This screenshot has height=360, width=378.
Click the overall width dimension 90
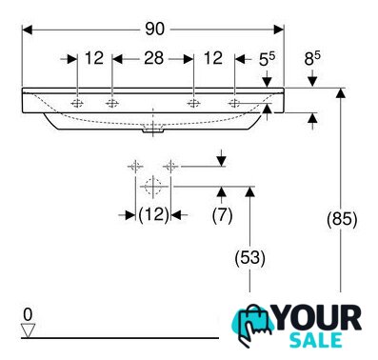[155, 30]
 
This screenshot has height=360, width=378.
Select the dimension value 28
[154, 58]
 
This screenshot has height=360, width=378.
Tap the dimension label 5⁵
[267, 59]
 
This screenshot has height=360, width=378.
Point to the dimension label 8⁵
[312, 58]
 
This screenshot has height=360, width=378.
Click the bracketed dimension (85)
[342, 219]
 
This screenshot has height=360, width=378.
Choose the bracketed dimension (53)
[249, 257]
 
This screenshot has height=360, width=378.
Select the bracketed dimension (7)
[222, 215]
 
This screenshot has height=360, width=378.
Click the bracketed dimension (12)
[153, 215]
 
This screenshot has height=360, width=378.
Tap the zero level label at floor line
[28, 315]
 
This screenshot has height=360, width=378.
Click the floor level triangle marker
[28, 331]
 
